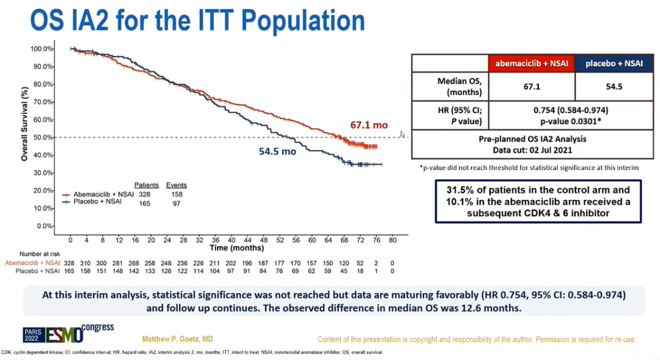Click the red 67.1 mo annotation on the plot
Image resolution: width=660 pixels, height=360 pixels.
click(x=369, y=125)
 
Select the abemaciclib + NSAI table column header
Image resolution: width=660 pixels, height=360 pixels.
click(x=531, y=63)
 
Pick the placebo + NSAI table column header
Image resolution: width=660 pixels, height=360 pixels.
click(x=614, y=63)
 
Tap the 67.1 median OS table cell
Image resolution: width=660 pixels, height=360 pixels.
click(x=531, y=87)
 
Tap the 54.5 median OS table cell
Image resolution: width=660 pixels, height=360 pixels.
click(x=614, y=87)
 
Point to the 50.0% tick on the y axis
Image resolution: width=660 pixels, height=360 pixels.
click(x=41, y=138)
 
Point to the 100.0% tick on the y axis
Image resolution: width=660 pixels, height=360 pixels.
click(x=40, y=48)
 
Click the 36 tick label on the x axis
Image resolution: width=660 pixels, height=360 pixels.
click(x=215, y=240)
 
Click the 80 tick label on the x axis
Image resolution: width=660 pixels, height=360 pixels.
click(x=392, y=240)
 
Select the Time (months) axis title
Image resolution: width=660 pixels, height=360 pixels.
click(x=232, y=248)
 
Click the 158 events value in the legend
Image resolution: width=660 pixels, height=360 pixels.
click(x=176, y=194)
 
